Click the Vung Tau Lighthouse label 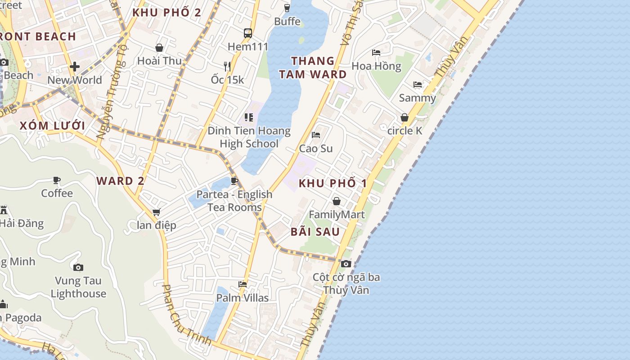(x=78, y=287)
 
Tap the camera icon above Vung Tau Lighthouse (x=78, y=267)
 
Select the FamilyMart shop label (x=337, y=215)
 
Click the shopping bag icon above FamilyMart (x=336, y=201)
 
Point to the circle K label (x=405, y=131)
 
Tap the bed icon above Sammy (x=418, y=85)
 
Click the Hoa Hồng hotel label (x=376, y=66)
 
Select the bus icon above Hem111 (x=248, y=33)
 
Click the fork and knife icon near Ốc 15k (x=227, y=67)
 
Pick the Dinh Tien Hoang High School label (x=249, y=137)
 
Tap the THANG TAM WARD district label (x=313, y=67)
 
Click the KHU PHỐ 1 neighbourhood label (x=333, y=184)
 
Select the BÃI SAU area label (x=315, y=232)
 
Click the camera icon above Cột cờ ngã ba (x=346, y=264)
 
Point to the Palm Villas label (x=243, y=298)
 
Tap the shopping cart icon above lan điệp (x=156, y=212)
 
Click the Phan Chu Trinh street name (x=185, y=315)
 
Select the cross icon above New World (x=75, y=67)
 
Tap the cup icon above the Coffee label (x=57, y=180)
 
